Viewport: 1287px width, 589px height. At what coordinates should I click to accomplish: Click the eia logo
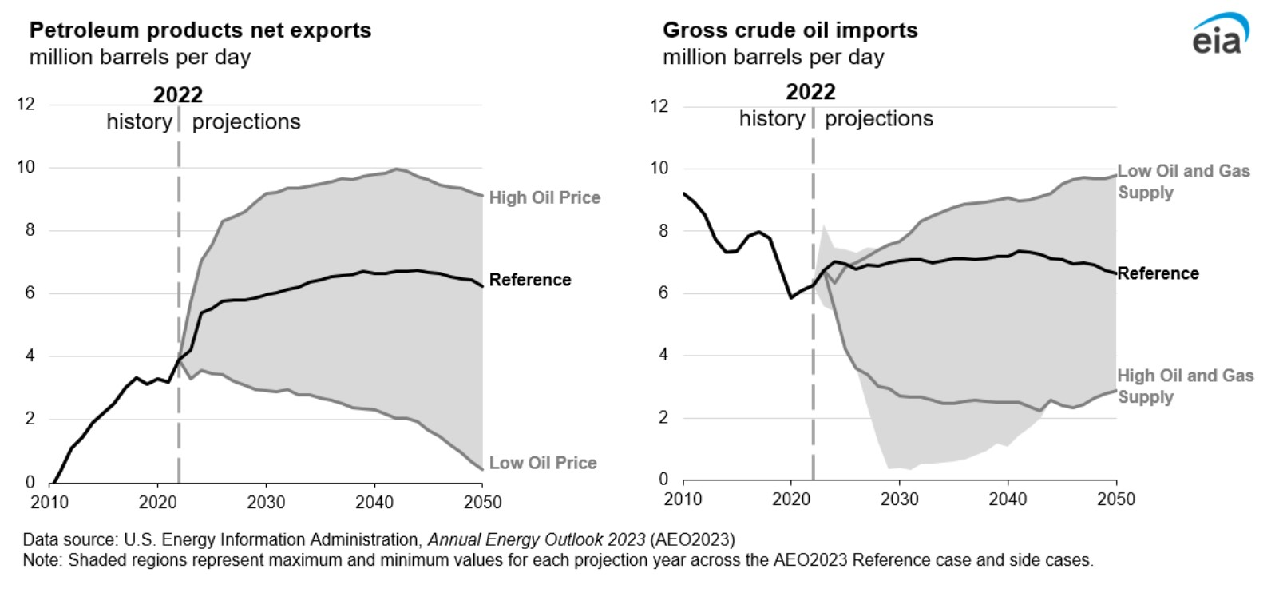click(1220, 35)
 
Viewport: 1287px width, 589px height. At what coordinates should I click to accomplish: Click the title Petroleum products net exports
click(200, 30)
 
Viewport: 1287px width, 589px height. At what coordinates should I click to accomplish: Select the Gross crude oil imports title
click(790, 30)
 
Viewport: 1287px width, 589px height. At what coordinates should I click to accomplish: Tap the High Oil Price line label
click(544, 197)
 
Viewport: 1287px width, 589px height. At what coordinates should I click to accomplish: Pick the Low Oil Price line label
click(543, 463)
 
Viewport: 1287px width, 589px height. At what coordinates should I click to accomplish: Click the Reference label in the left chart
click(530, 280)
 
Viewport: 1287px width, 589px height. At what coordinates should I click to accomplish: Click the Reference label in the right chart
click(1158, 273)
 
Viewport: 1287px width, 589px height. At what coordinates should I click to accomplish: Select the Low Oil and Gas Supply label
click(1183, 181)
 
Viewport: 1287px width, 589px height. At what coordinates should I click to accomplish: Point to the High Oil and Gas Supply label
click(1185, 386)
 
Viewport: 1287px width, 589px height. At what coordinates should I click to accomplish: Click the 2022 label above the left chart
click(178, 94)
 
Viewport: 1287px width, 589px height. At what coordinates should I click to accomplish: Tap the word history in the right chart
click(771, 119)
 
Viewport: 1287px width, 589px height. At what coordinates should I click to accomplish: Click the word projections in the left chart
click(246, 122)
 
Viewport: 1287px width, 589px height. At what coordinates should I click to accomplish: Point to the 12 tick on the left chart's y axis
click(26, 104)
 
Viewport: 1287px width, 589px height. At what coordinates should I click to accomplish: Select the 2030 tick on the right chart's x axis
click(899, 499)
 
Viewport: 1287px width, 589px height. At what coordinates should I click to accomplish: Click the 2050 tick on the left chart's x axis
click(482, 503)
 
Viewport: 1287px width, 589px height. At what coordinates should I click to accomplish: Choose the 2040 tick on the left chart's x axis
click(374, 503)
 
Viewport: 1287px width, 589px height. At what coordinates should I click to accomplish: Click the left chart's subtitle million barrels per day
click(140, 58)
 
